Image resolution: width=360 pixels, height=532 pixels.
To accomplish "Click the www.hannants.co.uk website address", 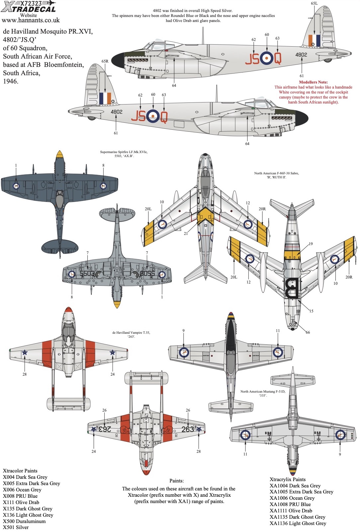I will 31,20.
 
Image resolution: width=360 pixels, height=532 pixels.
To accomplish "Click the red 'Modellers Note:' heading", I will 313,82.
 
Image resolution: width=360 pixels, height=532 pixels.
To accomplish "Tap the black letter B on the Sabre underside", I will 292,288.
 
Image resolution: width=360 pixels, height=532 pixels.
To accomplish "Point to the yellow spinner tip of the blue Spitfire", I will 60,154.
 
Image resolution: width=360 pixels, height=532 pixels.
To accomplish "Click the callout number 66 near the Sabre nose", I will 307,332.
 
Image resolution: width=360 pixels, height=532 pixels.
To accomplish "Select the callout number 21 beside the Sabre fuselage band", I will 186,234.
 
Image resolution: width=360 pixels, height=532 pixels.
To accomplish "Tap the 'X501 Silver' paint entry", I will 16,527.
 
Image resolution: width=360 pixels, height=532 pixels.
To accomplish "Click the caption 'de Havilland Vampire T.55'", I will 131,333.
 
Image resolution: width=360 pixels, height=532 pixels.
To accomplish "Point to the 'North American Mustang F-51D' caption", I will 263,392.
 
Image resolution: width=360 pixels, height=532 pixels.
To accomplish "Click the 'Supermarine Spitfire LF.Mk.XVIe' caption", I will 124,152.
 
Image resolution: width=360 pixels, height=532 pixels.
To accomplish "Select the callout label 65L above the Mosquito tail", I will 314,3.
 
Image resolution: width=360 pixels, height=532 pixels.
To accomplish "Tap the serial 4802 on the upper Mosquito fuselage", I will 301,55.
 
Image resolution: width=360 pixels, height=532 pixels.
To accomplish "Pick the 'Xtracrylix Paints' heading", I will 288,479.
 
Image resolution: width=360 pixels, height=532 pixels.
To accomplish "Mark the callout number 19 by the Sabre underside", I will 310,244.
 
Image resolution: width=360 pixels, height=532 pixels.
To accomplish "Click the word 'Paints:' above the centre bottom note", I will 177,481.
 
